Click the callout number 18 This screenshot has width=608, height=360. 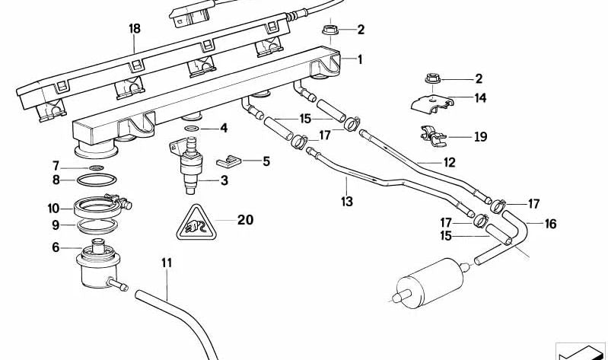(x=135, y=29)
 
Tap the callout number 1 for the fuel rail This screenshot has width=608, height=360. (x=360, y=59)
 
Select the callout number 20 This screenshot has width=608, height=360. (x=245, y=220)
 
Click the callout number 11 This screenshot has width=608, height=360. (x=167, y=263)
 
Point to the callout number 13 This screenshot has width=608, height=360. (x=347, y=202)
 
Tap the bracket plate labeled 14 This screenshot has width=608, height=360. (x=437, y=100)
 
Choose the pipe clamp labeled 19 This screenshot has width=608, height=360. (x=435, y=135)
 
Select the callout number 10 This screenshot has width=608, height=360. (x=53, y=208)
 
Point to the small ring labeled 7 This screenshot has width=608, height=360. (x=97, y=167)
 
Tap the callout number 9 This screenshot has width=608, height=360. (x=55, y=225)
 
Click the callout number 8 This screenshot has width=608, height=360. (x=56, y=180)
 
